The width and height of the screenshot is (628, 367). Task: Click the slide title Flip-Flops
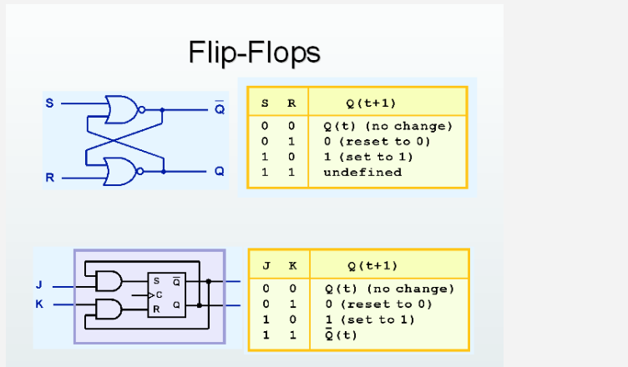coord(254,53)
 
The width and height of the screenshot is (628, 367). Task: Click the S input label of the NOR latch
coord(49,103)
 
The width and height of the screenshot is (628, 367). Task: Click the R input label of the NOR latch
coord(49,178)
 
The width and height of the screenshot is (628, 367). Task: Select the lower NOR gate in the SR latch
coord(120,171)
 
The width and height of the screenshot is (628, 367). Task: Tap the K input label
coord(38,304)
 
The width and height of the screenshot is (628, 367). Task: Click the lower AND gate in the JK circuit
coord(109,309)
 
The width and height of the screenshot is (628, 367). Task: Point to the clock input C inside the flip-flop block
coord(159,294)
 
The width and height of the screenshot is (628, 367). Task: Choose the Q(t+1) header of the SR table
coord(371,103)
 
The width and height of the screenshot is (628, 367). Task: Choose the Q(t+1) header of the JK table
coord(372,266)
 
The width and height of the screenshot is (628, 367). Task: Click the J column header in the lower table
coord(266,266)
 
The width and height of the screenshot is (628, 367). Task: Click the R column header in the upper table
coord(291,103)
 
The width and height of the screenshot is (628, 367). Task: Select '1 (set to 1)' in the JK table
coord(368,319)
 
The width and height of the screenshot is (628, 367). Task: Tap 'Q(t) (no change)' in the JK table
coord(388,289)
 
